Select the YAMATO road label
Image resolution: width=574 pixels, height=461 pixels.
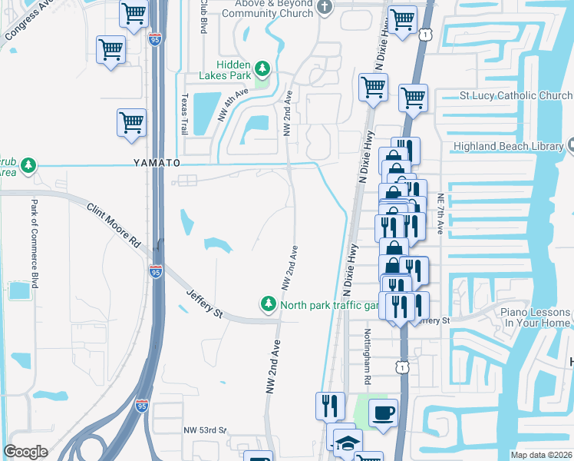(x=156, y=164)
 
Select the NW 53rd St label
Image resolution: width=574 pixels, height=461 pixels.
(x=206, y=430)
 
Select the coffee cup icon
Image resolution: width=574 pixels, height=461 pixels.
(x=383, y=413)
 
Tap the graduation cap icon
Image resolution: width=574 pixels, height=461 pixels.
(x=348, y=443)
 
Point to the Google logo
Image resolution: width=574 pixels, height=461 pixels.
(x=25, y=452)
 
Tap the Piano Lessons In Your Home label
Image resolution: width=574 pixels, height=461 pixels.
(x=536, y=318)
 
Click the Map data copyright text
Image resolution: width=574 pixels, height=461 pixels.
(x=542, y=455)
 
